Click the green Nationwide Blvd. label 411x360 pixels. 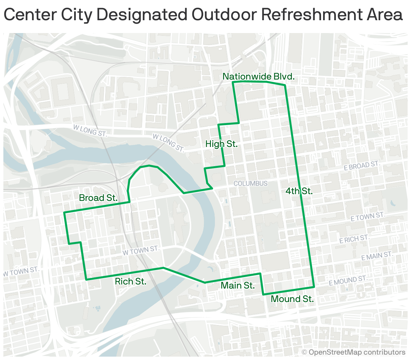258,77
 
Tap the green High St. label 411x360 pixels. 221,144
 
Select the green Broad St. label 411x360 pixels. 98,198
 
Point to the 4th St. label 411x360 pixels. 299,191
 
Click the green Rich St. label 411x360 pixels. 130,281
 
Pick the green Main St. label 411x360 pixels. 238,286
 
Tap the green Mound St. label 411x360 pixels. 292,299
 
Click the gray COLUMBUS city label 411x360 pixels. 250,183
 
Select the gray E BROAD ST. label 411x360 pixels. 361,166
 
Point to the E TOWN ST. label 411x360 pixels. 367,217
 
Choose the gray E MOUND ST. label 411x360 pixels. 348,280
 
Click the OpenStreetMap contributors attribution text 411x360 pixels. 353,352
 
